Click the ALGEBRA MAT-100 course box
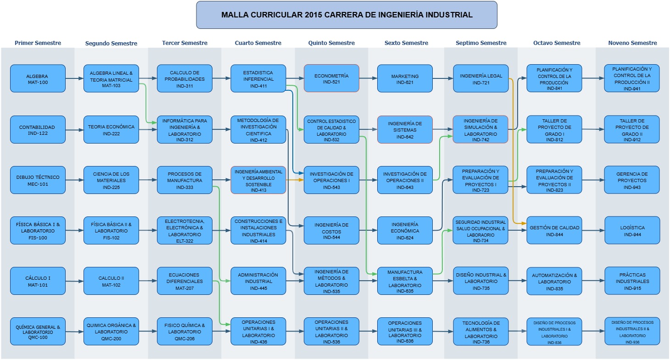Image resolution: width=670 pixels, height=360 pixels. tap(38, 78)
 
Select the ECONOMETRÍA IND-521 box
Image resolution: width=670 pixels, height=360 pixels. tap(331, 78)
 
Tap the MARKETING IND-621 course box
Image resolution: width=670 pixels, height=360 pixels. tap(405, 78)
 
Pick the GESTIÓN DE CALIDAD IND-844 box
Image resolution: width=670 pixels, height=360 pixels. tap(554, 230)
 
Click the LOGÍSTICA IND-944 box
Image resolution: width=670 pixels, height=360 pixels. tap(632, 230)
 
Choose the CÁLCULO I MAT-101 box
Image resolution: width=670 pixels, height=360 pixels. tap(38, 281)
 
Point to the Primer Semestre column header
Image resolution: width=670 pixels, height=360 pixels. tap(38, 43)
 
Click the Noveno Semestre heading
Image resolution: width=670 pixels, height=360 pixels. tap(632, 43)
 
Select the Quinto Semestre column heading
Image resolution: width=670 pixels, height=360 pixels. tap(331, 43)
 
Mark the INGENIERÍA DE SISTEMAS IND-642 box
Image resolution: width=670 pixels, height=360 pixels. tap(405, 129)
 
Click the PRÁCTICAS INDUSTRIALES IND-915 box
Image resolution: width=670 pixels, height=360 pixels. tap(632, 281)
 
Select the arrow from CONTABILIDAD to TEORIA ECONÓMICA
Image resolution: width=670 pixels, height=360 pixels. tap(74, 130)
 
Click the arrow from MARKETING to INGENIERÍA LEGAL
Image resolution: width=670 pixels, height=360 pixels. tap(443, 78)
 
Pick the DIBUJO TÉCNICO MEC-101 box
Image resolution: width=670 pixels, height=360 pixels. tap(38, 180)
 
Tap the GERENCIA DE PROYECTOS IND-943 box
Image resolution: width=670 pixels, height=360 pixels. tap(632, 180)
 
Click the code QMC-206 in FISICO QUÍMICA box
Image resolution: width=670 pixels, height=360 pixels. tap(184, 338)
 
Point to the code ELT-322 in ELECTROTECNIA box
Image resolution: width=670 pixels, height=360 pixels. tap(184, 241)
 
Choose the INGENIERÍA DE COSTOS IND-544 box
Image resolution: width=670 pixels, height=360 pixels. tap(331, 230)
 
